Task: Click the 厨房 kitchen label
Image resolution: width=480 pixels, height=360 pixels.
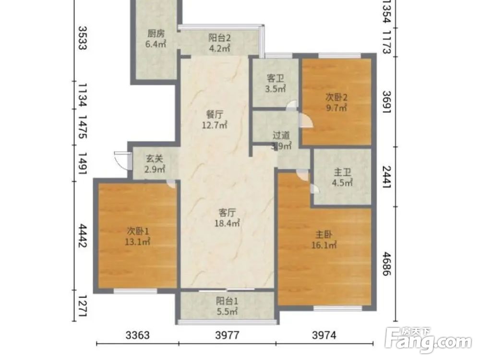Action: coord(156,34)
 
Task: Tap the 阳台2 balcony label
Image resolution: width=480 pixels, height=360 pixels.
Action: coord(219,37)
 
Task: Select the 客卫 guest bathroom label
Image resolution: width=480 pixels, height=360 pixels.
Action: coord(275,78)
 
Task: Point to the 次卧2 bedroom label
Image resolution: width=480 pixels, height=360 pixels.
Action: coord(336,97)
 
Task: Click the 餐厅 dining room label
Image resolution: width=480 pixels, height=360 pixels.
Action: coord(215,115)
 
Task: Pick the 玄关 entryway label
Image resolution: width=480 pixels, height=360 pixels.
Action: coord(155,158)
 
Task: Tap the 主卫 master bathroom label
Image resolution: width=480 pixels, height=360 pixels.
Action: coord(342,172)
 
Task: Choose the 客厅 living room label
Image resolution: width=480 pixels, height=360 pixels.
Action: coord(227,213)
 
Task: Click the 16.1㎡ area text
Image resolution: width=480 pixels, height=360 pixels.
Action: coord(324,245)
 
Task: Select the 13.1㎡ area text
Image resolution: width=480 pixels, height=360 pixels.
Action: coord(137,242)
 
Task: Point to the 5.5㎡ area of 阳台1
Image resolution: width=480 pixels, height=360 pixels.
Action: coord(227,312)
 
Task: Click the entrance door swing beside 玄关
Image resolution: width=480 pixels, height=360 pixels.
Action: coord(121,160)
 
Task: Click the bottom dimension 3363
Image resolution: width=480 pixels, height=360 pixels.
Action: coord(137,335)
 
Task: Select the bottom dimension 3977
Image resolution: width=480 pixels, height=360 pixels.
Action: coord(227,335)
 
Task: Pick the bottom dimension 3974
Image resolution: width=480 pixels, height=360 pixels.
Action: coord(324,335)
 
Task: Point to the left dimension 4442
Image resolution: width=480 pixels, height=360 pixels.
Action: coord(83,235)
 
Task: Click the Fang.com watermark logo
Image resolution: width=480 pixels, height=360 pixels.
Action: coord(428,340)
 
